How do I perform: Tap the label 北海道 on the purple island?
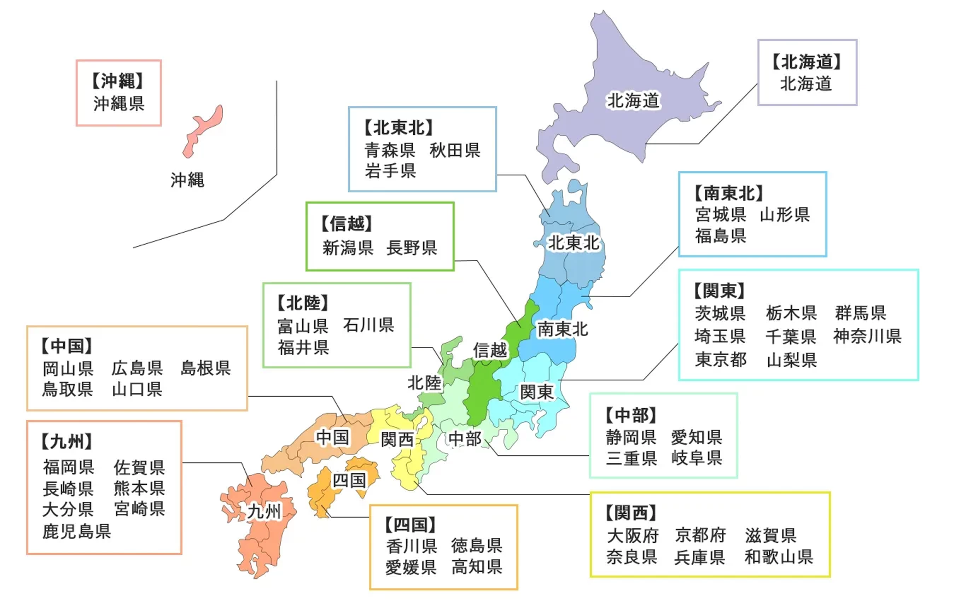coord(633,100)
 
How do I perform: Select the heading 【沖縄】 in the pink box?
coord(118,81)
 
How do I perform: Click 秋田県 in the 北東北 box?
coord(455,151)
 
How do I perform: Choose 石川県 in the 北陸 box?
coord(368,325)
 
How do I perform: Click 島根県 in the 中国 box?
coord(205,368)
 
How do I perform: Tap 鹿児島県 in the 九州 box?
coord(77,531)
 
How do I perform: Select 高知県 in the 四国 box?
coord(477,567)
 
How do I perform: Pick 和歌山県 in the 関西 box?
coord(779,557)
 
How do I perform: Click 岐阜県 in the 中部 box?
coord(697,458)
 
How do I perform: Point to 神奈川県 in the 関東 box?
coord(867,336)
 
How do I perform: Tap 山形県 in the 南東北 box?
coord(785,215)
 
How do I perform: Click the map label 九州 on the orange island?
coord(264,512)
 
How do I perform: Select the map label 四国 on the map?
coord(349,480)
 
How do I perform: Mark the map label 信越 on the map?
coord(490,351)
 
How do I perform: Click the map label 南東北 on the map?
coord(563,329)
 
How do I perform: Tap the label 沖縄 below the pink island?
coord(187,180)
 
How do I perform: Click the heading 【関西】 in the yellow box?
coord(631,513)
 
